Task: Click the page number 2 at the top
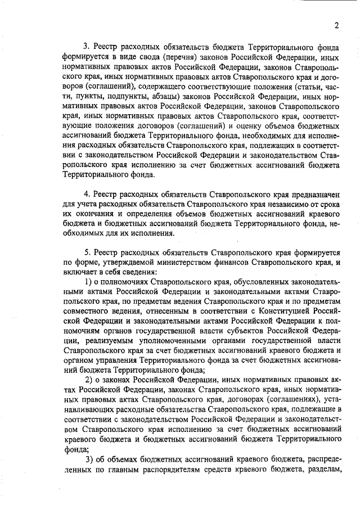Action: coord(336,25)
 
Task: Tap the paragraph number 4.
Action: coord(86,194)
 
